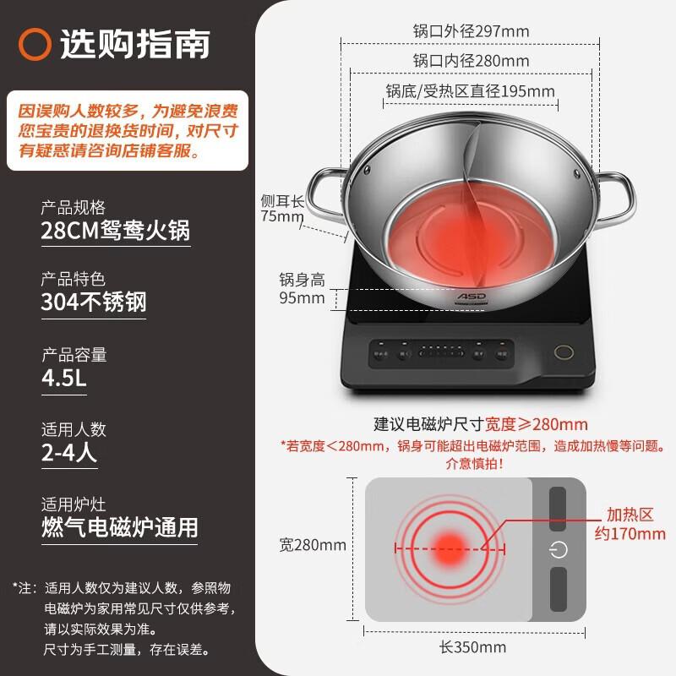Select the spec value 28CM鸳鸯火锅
tap(116, 232)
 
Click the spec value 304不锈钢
tap(94, 303)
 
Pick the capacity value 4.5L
tap(64, 378)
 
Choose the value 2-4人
tap(69, 453)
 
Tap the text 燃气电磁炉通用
tap(119, 527)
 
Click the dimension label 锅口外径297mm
tap(471, 31)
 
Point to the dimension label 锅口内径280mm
tap(471, 61)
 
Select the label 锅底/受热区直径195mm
tap(471, 90)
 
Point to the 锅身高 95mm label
tap(302, 288)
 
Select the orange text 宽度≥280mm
tap(538, 423)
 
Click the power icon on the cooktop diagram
tap(558, 549)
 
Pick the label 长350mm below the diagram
tap(472, 647)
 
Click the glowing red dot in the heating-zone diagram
tap(450, 547)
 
